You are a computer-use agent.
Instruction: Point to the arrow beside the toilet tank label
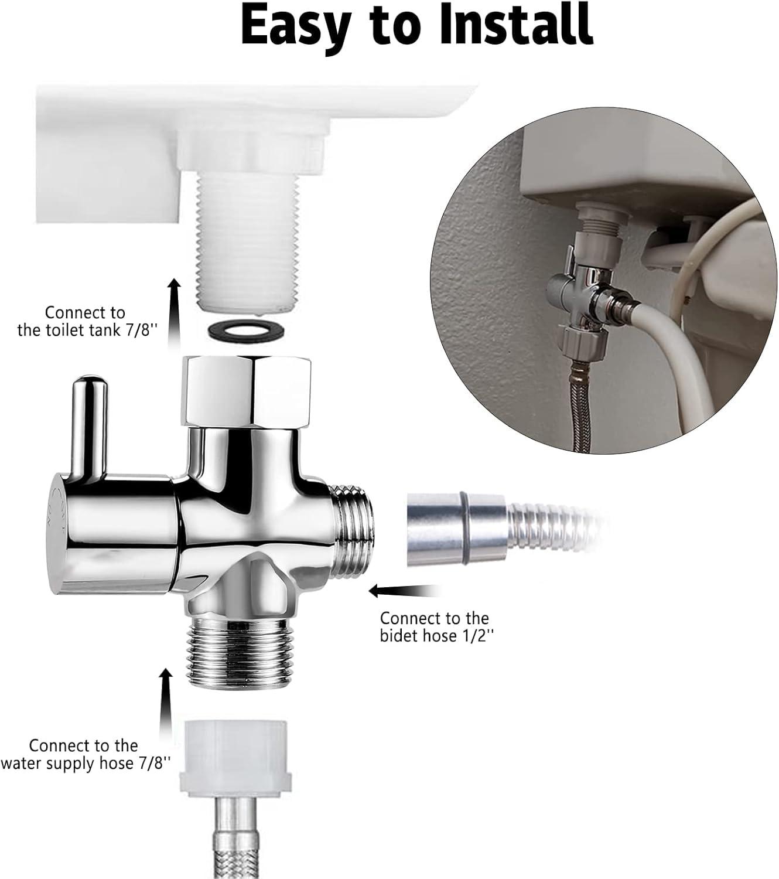[173, 314]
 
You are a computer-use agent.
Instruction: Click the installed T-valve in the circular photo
[577, 293]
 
